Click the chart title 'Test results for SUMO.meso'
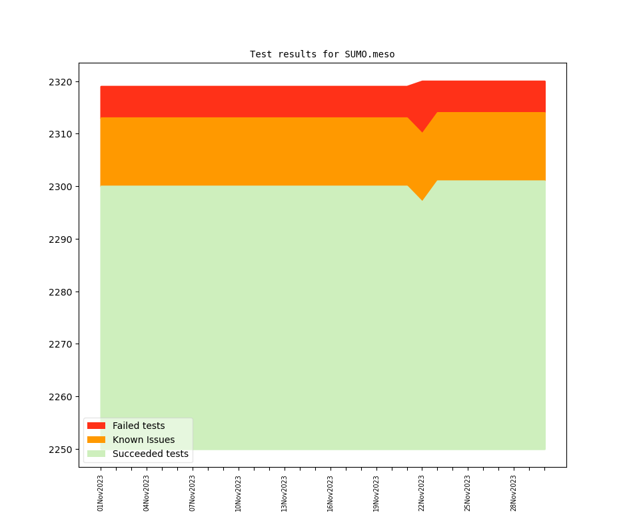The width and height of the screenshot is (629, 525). (x=322, y=54)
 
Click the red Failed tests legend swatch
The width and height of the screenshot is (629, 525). (x=96, y=426)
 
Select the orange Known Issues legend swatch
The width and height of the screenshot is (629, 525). (x=96, y=440)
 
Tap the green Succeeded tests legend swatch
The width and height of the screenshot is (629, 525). (x=96, y=454)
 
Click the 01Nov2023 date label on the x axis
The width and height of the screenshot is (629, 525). (x=101, y=493)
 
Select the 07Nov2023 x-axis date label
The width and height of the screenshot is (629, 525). (x=193, y=493)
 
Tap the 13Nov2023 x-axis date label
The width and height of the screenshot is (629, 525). (x=285, y=493)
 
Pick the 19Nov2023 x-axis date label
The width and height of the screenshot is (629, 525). (x=376, y=493)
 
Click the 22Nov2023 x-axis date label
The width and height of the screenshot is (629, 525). (x=422, y=493)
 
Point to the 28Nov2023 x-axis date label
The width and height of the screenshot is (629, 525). (x=514, y=493)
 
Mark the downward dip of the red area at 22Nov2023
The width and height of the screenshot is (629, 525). (x=422, y=131)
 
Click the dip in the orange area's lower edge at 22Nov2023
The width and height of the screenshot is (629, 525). (x=422, y=199)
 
